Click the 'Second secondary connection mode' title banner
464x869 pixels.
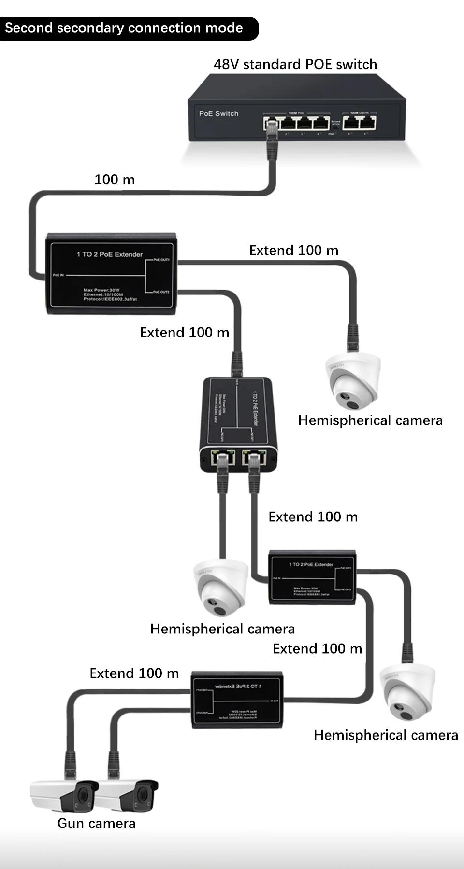pos(124,28)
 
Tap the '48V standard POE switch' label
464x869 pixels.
pos(295,64)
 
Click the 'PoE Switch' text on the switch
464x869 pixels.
pos(218,113)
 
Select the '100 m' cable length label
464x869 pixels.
pos(115,180)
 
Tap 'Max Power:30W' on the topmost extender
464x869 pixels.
pos(101,290)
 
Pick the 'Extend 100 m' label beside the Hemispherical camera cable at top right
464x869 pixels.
pos(293,250)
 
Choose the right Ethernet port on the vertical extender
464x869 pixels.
pos(254,458)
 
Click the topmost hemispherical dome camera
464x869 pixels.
pos(353,381)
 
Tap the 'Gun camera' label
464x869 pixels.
pos(96,823)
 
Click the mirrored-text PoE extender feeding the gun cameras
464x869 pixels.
pos(237,699)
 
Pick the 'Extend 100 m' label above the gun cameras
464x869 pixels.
pos(134,673)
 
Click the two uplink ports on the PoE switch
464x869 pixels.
pos(359,123)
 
